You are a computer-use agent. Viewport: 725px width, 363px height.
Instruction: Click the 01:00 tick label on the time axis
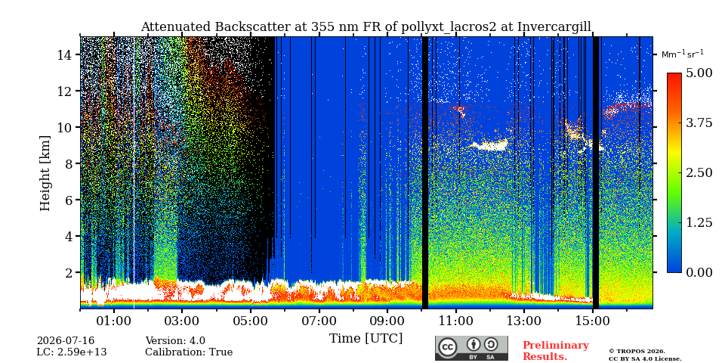pyautogui.click(x=114, y=321)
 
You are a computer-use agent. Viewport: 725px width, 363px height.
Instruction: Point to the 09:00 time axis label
pyautogui.click(x=387, y=321)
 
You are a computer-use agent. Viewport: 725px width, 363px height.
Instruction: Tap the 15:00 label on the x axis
pyautogui.click(x=593, y=321)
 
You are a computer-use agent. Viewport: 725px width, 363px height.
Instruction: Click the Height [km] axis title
pyautogui.click(x=45, y=173)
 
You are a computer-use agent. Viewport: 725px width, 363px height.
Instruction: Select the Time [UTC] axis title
pyautogui.click(x=366, y=338)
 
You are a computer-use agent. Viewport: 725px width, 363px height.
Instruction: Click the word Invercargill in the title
pyautogui.click(x=554, y=27)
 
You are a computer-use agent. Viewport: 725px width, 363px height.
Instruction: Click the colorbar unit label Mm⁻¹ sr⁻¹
pyautogui.click(x=683, y=54)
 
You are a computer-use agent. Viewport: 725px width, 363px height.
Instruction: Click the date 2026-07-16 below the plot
pyautogui.click(x=66, y=341)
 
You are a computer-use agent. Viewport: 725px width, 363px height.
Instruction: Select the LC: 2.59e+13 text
pyautogui.click(x=72, y=352)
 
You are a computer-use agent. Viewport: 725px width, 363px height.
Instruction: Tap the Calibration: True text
pyautogui.click(x=189, y=352)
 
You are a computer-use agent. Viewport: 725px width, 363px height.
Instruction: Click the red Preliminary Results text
pyautogui.click(x=556, y=351)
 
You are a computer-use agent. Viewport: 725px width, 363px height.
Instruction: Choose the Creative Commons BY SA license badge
pyautogui.click(x=471, y=348)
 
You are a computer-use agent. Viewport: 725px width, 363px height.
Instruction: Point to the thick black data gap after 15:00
pyautogui.click(x=596, y=172)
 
